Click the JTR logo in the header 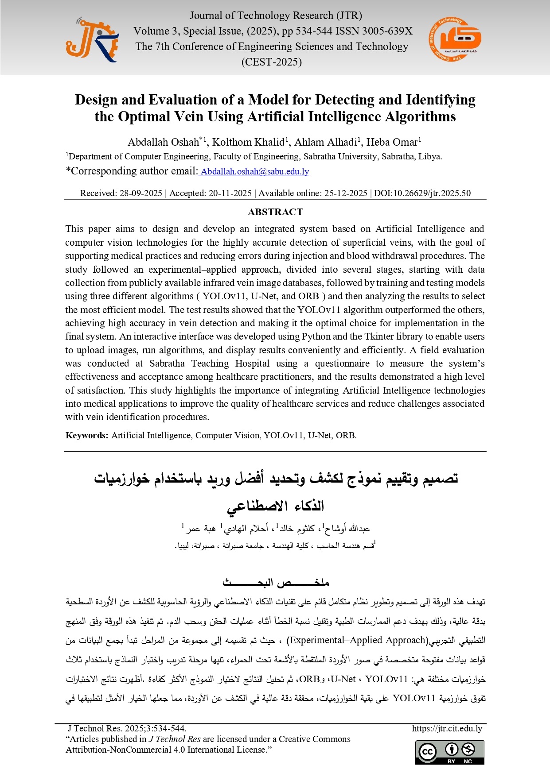point(92,40)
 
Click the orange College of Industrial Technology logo point(455,40)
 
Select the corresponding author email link point(254,171)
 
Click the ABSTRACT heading point(275,212)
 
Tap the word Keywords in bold point(87,435)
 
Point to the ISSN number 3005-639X point(386,31)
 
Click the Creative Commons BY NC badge point(449,752)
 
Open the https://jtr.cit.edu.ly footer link point(447,728)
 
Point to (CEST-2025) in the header point(272,62)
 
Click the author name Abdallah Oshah point(163,142)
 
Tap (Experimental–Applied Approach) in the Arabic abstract point(357,640)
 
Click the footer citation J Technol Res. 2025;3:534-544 point(127,728)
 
